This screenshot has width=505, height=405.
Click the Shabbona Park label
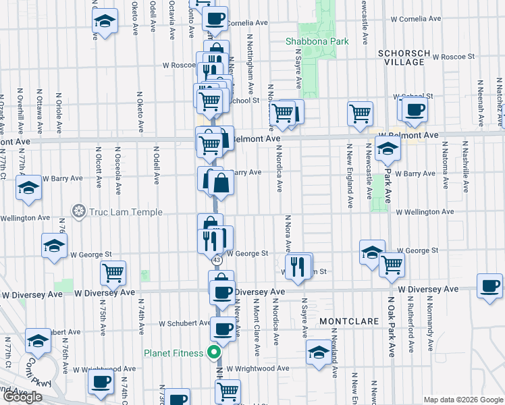click(317, 41)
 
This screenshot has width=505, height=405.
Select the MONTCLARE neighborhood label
click(346, 321)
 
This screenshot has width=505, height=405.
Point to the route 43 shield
click(216, 260)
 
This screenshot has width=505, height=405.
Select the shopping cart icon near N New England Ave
click(360, 113)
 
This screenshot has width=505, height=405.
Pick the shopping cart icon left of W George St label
click(113, 272)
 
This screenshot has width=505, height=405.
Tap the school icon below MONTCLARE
click(319, 351)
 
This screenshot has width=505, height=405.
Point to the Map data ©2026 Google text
click(462, 400)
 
